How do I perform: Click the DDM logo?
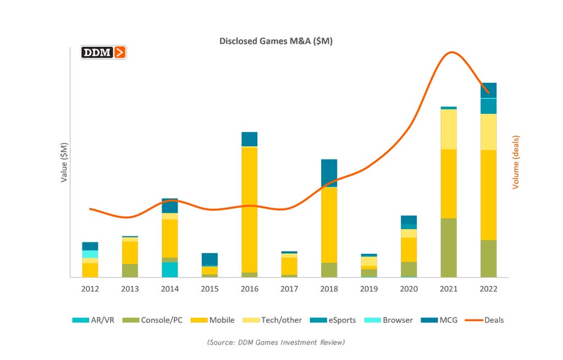(x=103, y=52)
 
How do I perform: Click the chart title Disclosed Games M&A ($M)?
(x=276, y=41)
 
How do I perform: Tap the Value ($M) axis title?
(x=64, y=163)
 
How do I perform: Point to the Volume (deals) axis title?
(x=516, y=162)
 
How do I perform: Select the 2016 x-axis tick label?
(x=250, y=289)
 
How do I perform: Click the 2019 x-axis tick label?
(x=369, y=289)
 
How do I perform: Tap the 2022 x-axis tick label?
(x=488, y=289)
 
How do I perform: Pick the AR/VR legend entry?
(x=93, y=320)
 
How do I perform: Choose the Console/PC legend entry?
(x=152, y=320)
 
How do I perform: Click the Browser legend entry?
(x=389, y=320)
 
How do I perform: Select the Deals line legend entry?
(x=484, y=320)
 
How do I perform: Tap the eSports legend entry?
(x=333, y=320)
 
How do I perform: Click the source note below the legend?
(x=276, y=342)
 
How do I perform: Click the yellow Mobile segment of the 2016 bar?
(x=250, y=209)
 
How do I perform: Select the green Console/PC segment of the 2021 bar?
(x=449, y=248)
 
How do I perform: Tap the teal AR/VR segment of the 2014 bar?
(x=170, y=269)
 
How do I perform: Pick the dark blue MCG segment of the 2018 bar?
(x=329, y=173)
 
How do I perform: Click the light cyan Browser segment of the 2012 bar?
(x=90, y=254)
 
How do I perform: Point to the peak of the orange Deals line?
(x=452, y=52)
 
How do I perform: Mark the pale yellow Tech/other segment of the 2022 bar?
(x=489, y=132)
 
